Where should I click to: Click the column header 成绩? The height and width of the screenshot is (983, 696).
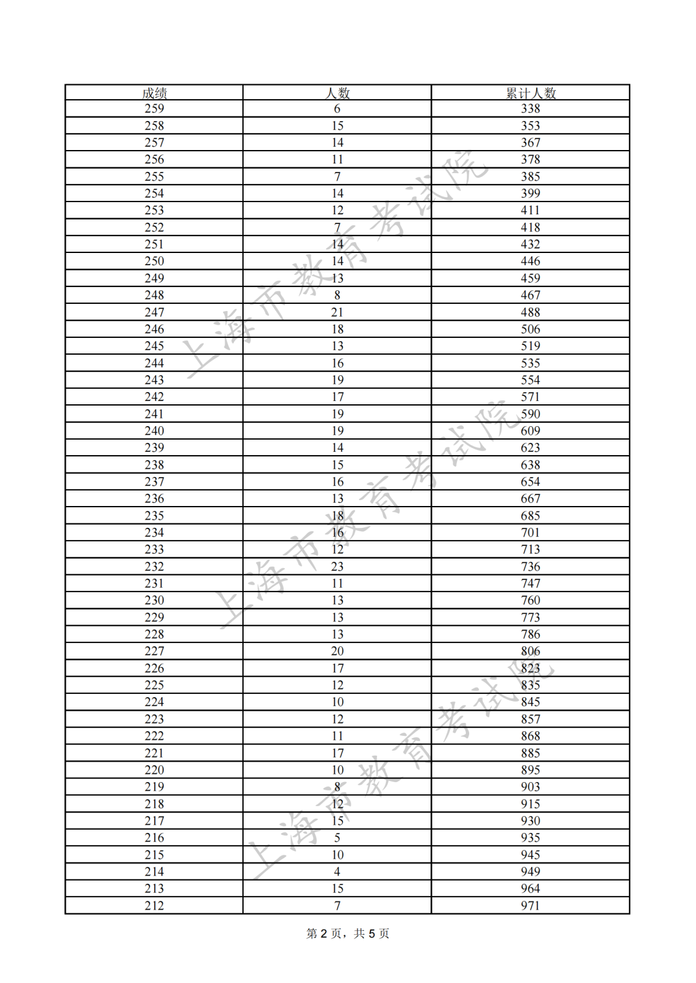point(154,93)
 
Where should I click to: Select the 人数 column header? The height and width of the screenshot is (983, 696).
point(337,93)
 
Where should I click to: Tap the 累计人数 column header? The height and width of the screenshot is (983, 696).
point(530,93)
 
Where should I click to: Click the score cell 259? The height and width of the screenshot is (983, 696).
point(154,109)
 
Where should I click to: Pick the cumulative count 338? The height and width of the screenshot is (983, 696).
point(530,109)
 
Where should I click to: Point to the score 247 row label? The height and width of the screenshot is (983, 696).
point(154,312)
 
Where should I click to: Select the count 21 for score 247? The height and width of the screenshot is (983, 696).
point(337,312)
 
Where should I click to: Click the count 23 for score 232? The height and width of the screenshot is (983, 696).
point(337,566)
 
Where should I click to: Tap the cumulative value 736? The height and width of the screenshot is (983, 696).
point(530,566)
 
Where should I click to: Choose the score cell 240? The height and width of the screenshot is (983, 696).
point(154,431)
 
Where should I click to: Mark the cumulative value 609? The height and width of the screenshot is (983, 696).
point(530,431)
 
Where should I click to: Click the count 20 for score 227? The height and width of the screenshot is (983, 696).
point(337,651)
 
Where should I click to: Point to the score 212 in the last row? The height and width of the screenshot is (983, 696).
point(154,905)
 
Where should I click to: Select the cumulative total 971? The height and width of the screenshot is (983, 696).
point(530,905)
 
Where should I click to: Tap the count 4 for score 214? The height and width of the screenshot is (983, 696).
point(337,872)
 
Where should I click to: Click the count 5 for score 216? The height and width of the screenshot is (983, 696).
point(337,838)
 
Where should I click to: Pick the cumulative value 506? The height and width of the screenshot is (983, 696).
point(530,329)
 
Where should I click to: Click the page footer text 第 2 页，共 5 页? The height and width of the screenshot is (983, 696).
point(347,933)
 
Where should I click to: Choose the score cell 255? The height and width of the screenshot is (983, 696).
point(154,176)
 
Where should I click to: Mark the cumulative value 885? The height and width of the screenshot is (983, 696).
point(530,753)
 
